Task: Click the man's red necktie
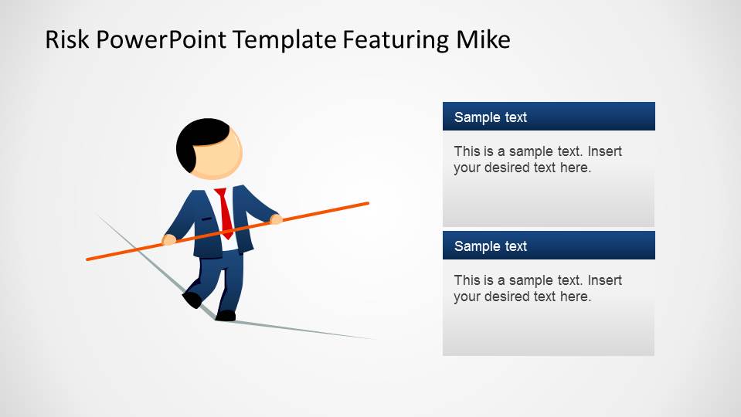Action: (x=225, y=212)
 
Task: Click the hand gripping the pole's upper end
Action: (x=276, y=220)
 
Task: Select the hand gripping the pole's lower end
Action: (x=169, y=240)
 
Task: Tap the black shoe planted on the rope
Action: (x=226, y=315)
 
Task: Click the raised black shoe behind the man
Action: (x=192, y=299)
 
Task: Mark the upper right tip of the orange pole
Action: (x=367, y=204)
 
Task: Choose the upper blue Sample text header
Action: (x=549, y=117)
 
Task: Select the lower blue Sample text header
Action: (x=549, y=246)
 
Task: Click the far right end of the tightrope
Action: (x=374, y=338)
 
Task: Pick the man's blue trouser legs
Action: (x=224, y=278)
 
